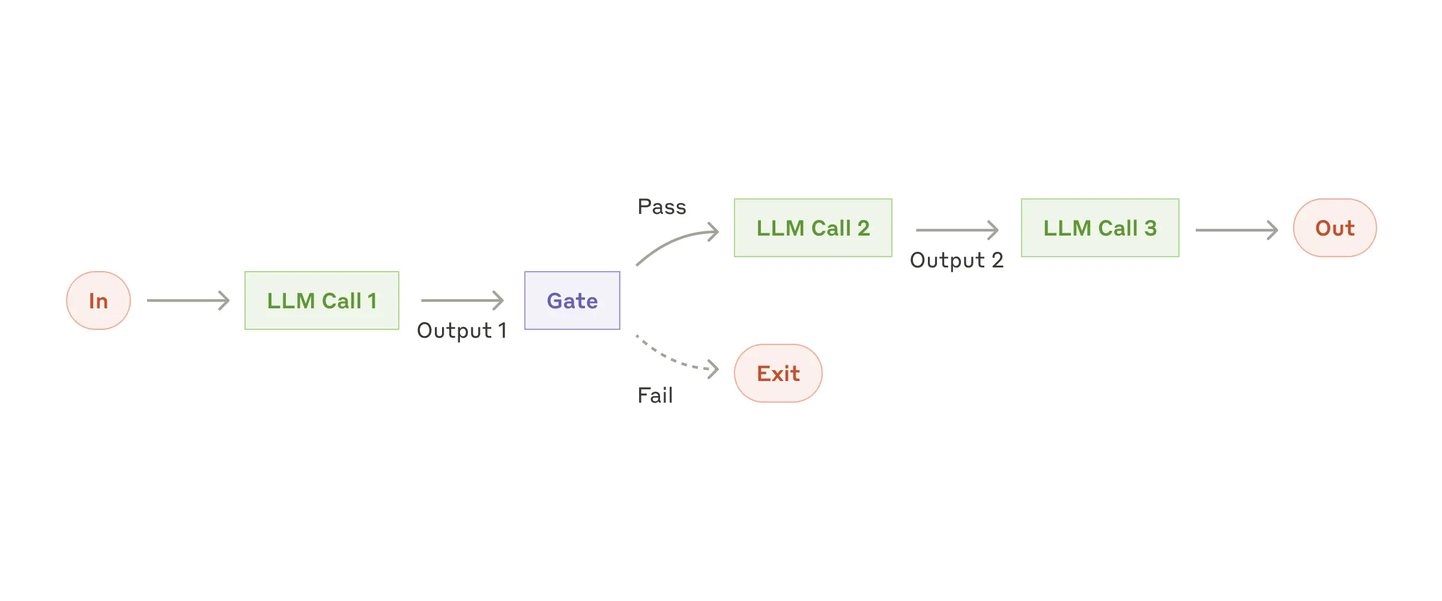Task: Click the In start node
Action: point(98,300)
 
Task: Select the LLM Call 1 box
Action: point(321,300)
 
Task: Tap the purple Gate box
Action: point(572,300)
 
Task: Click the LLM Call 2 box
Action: point(813,228)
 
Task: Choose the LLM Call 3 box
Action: point(1100,228)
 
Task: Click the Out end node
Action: point(1334,228)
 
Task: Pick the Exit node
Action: point(778,373)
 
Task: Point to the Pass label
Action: point(661,207)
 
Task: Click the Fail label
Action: point(655,395)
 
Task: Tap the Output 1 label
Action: point(462,331)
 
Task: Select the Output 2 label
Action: point(956,260)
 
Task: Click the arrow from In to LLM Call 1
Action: point(188,300)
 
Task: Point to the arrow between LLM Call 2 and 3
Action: point(957,230)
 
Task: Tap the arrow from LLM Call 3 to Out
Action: point(1236,230)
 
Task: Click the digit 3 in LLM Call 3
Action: point(1150,228)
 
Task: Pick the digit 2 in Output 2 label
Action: point(997,260)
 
